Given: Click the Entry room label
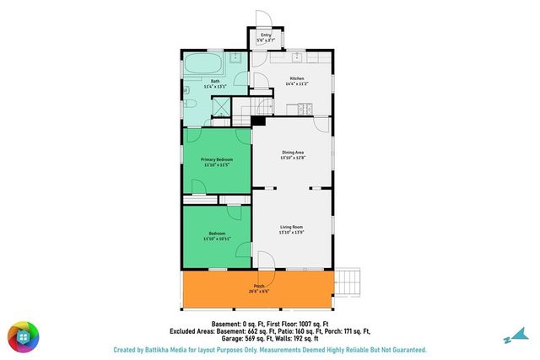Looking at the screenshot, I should (265, 35).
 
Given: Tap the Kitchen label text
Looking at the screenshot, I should (294, 78).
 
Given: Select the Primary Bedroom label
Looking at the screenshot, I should (217, 159).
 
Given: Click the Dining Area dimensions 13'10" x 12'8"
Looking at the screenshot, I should (293, 158).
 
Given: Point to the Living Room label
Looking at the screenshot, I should (292, 228).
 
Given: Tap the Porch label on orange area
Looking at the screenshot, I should (259, 286).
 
